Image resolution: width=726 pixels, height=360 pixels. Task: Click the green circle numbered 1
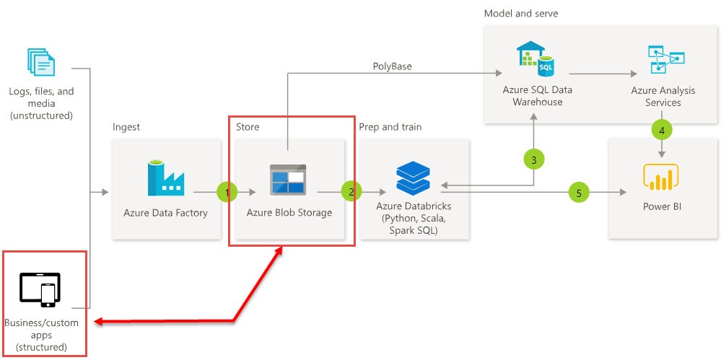[227, 193]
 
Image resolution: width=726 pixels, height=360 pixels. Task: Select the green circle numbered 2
[351, 193]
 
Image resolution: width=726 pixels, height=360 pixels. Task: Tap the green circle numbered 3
[533, 160]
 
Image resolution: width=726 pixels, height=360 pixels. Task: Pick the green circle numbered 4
[662, 131]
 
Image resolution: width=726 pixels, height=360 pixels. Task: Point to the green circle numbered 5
[578, 193]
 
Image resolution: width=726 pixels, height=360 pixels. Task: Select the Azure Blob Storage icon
[288, 180]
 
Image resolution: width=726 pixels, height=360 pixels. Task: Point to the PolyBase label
[392, 66]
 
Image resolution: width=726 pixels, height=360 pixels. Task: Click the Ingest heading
[126, 127]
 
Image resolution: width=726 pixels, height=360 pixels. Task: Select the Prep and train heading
[390, 127]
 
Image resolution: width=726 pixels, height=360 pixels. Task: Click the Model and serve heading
[520, 14]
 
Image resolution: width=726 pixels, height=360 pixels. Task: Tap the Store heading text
[247, 127]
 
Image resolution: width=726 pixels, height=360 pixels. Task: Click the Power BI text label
[662, 207]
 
